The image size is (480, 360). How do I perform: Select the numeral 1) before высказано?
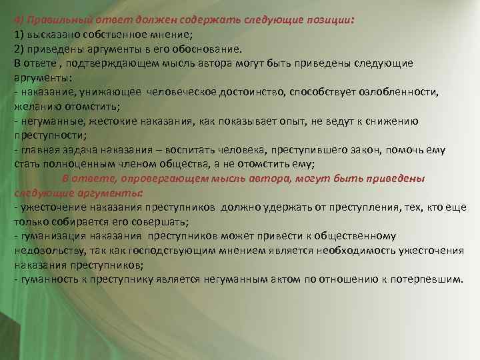click(19, 34)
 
